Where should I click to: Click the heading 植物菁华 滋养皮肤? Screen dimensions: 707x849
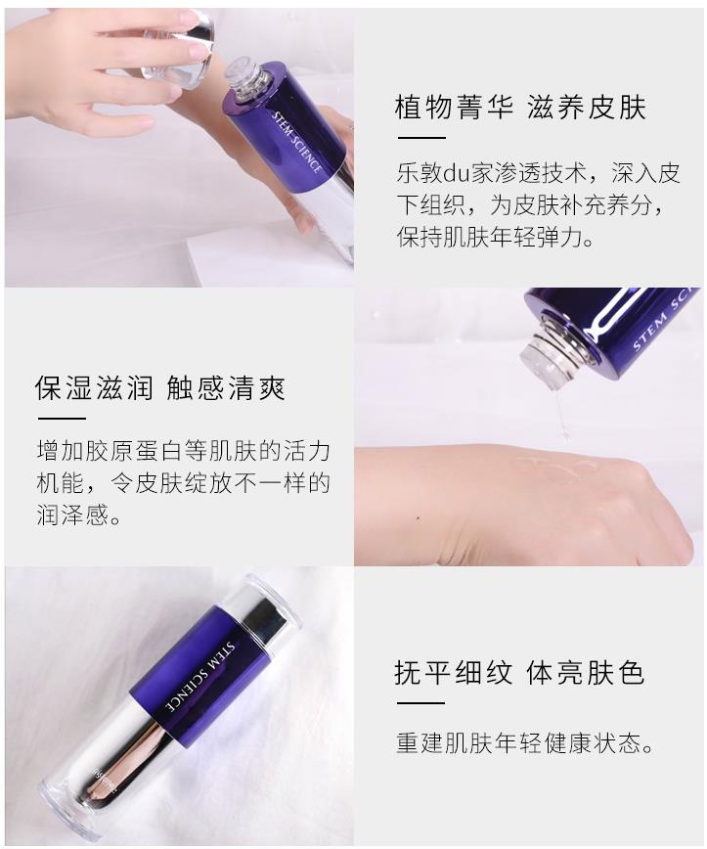520,107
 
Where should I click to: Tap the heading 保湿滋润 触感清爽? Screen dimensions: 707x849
160,387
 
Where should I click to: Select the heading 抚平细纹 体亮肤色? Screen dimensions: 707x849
519,673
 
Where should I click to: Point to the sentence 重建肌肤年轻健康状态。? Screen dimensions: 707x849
524,743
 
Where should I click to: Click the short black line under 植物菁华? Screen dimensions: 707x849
421,138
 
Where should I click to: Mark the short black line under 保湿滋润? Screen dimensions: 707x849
62,418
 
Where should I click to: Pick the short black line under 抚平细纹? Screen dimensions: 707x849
420,703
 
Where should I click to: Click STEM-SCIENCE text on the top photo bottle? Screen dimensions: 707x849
296,143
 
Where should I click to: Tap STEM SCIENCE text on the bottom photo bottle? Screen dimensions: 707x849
200,677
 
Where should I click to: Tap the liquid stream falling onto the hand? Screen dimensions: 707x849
562,416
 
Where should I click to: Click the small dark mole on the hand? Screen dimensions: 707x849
419,518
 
